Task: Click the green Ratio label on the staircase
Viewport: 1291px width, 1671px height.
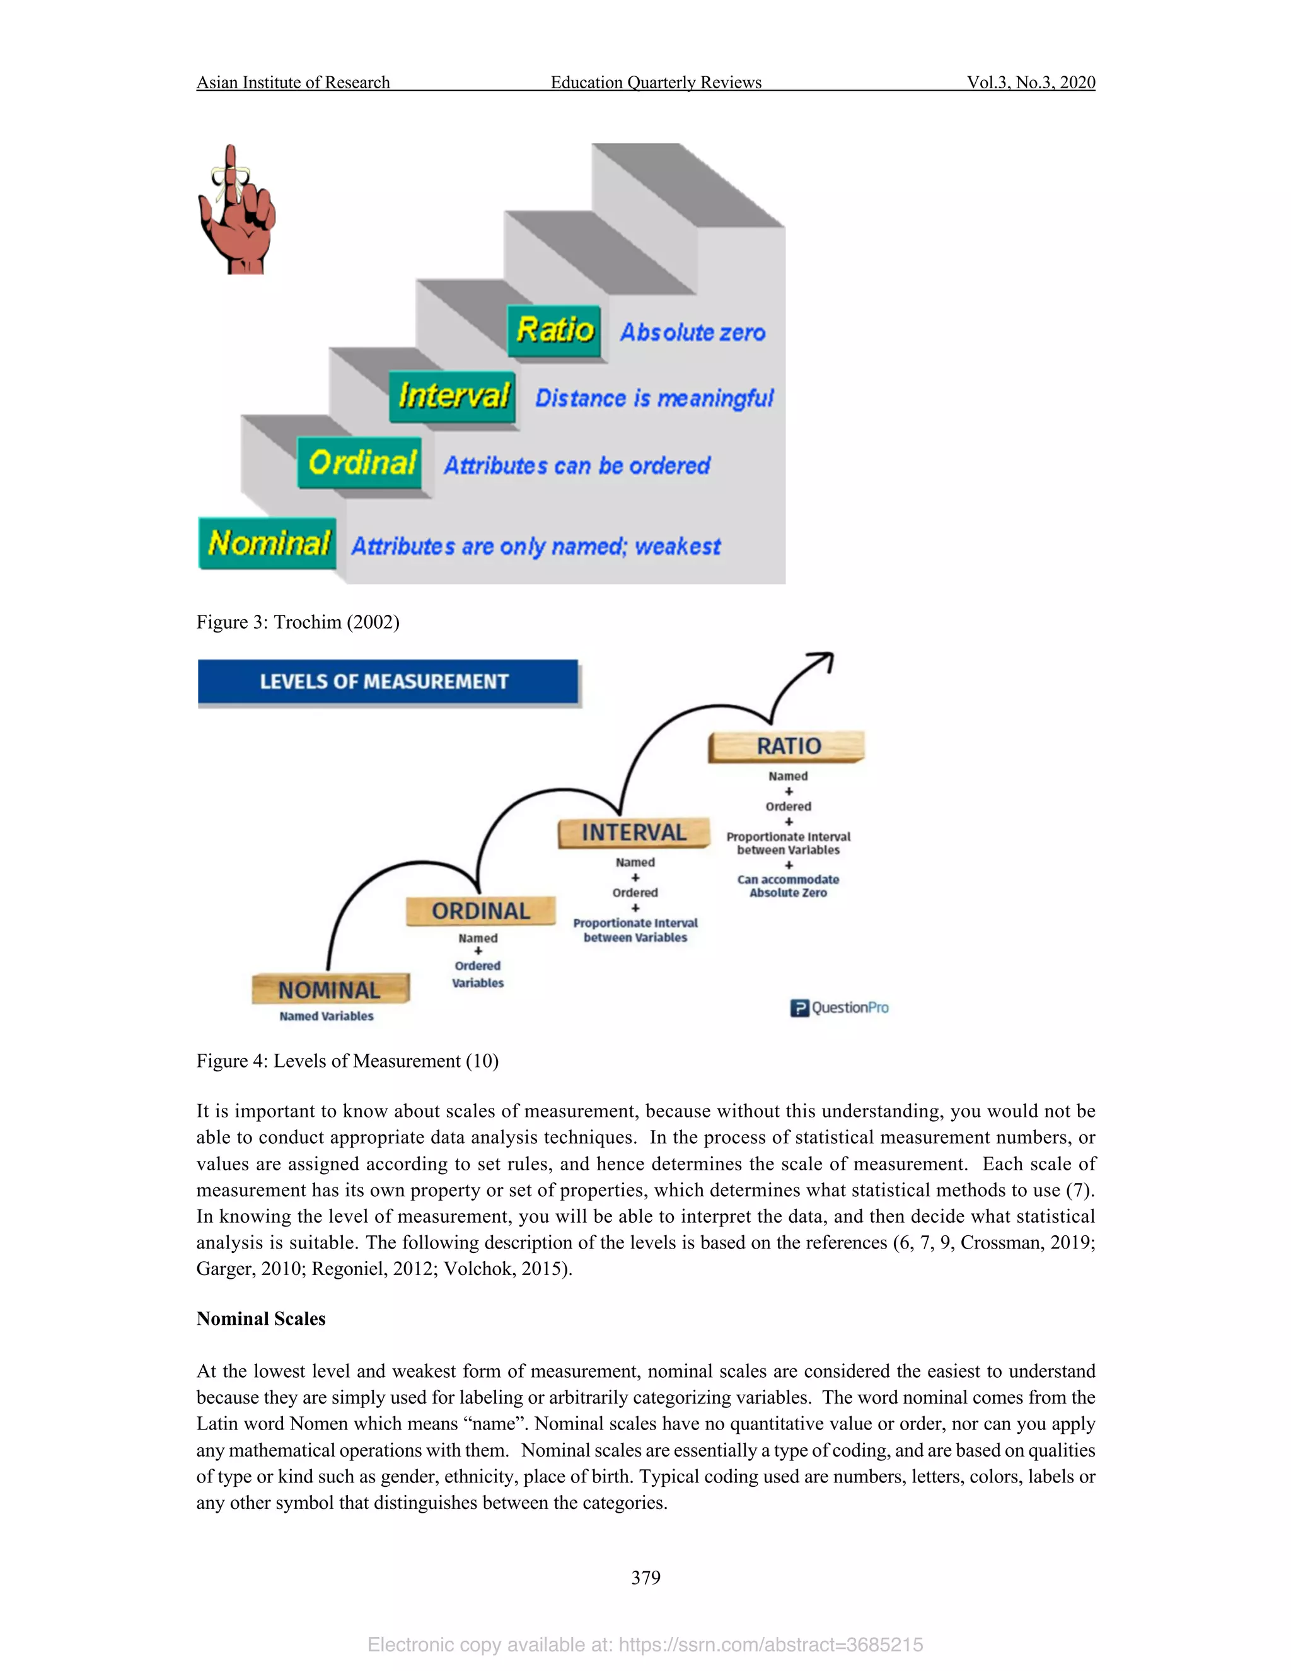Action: coord(555,330)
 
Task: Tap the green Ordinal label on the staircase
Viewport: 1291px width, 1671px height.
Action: coord(360,463)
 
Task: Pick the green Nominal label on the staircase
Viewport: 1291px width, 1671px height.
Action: coord(268,543)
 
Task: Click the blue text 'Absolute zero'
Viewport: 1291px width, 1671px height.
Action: coord(692,333)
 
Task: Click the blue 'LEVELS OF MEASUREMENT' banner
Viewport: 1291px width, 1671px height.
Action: coord(387,682)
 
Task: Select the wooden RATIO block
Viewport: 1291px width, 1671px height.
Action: coord(787,746)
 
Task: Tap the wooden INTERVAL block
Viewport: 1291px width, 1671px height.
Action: coord(634,832)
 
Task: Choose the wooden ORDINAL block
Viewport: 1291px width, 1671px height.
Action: coord(480,911)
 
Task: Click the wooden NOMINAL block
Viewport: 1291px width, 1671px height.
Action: coord(330,989)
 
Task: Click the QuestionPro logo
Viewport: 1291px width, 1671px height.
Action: coord(840,1008)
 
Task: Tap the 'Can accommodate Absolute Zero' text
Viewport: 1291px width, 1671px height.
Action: coord(788,886)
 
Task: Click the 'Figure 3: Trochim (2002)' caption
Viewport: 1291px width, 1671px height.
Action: coord(298,622)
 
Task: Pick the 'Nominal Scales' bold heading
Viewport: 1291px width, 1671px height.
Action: coord(261,1319)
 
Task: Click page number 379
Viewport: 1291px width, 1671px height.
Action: coord(645,1577)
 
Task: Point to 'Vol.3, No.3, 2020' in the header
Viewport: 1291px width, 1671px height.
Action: coord(1030,83)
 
